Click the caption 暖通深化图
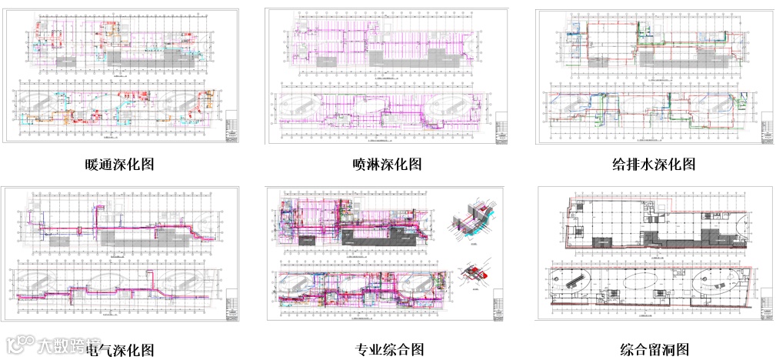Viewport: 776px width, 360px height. coord(122,164)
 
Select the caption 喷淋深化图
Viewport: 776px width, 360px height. coord(387,164)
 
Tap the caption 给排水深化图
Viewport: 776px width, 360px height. coord(654,164)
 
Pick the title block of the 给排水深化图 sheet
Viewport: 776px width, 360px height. coord(765,128)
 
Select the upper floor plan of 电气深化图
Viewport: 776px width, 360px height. coord(115,223)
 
